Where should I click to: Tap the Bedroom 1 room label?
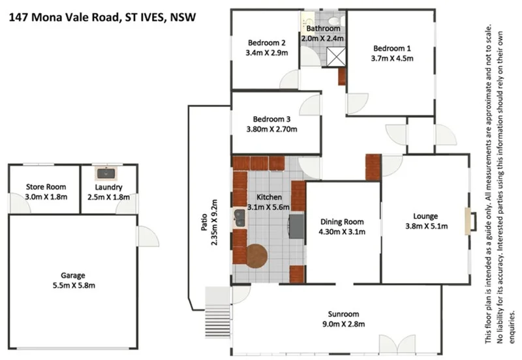[392, 48]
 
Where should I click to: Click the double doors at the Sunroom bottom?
[396, 344]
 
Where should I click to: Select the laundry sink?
[104, 173]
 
